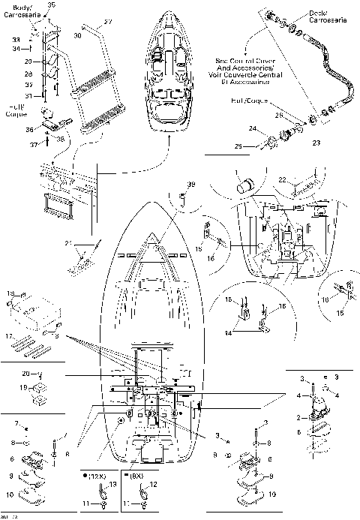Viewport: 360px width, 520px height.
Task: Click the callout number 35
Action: pyautogui.click(x=52, y=5)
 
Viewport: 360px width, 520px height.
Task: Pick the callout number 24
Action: pyautogui.click(x=253, y=128)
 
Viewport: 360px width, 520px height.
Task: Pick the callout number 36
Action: pyautogui.click(x=29, y=129)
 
